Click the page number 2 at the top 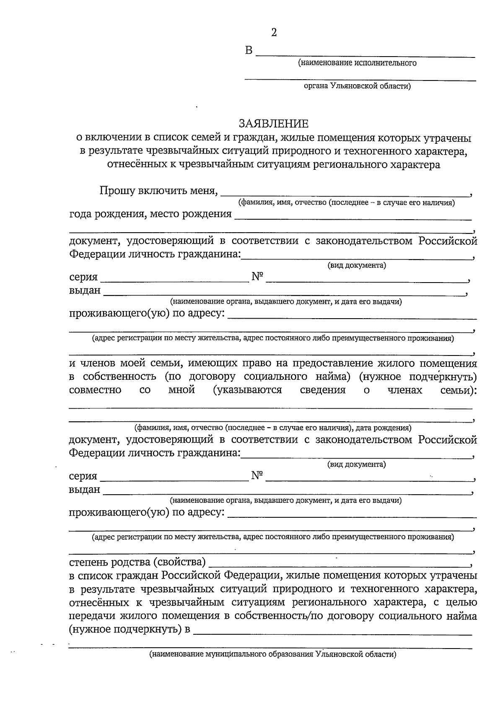coord(274,33)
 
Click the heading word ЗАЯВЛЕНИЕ coord(273,124)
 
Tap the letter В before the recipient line coord(249,51)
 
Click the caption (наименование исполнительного coord(357,63)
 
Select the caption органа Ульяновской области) coord(357,87)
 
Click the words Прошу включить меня coord(158,191)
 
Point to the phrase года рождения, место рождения coord(150,214)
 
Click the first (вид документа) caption coord(356,266)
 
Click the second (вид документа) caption coord(356,464)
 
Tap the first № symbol coord(257,277)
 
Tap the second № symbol coord(257,475)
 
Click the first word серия coord(83,277)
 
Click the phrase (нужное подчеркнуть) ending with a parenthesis coord(418,377)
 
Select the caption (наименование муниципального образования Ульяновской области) coord(272,654)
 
